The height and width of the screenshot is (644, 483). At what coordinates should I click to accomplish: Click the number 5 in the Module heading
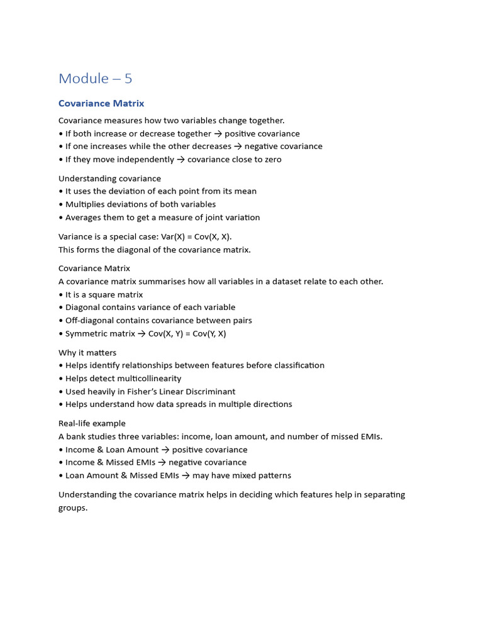[x=128, y=79]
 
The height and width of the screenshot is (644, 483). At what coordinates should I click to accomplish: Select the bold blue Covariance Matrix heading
[x=101, y=103]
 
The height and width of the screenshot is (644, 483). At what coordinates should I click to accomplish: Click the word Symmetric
[x=87, y=334]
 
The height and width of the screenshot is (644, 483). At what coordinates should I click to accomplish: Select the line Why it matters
[x=87, y=353]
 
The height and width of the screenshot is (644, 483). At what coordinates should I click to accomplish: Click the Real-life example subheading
[x=92, y=423]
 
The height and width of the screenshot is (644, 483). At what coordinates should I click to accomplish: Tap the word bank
[x=77, y=436]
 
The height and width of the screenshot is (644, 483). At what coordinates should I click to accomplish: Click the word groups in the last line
[x=72, y=508]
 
